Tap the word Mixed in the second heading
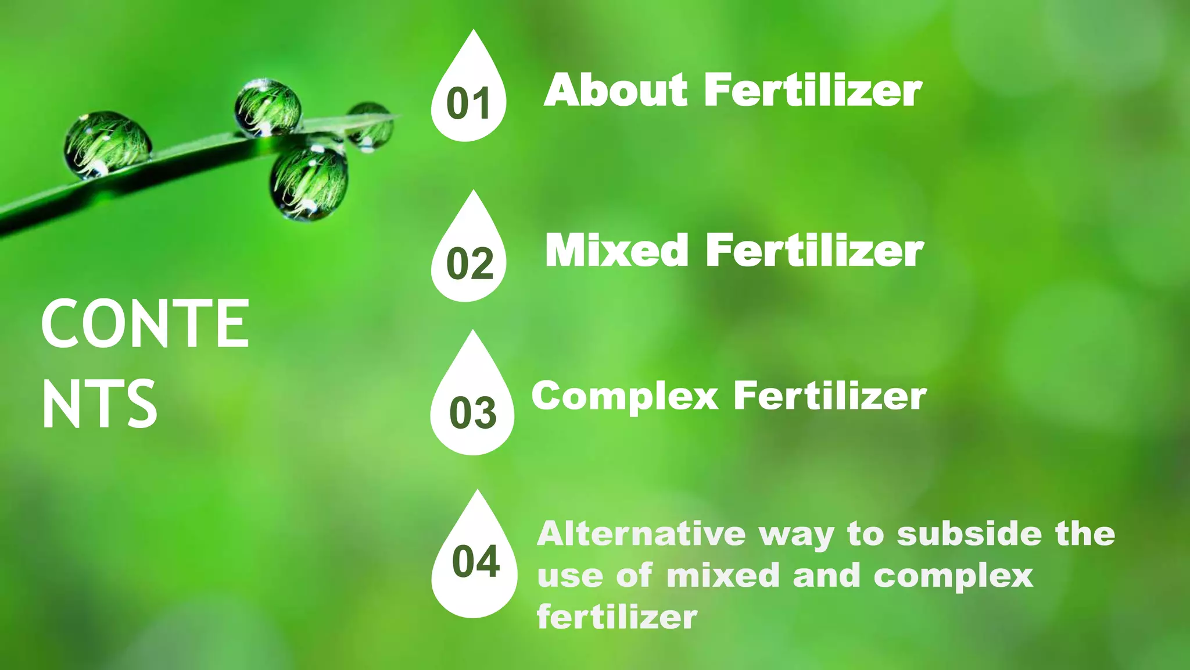(x=616, y=251)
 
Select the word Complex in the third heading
(x=625, y=397)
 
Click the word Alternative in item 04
(x=641, y=534)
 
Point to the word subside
(x=969, y=534)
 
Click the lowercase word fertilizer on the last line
(x=616, y=616)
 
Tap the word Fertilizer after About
(x=812, y=91)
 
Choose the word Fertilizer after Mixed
(x=814, y=251)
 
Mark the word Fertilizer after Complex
(x=830, y=396)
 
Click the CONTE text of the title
(x=145, y=324)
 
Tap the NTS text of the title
(x=99, y=404)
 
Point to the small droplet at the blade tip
(x=370, y=125)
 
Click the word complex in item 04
(x=954, y=576)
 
